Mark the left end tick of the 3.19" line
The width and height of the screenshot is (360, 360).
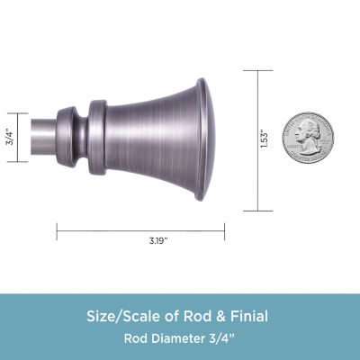pos(58,230)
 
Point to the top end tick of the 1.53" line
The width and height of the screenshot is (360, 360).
pos(260,71)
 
